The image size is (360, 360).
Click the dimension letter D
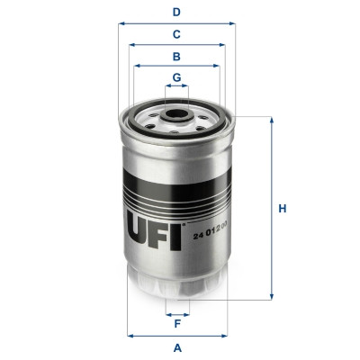pyautogui.click(x=177, y=13)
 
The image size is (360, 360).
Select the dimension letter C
pyautogui.click(x=177, y=34)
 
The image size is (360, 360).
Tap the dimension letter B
pyautogui.click(x=177, y=56)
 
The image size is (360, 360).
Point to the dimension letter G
pyautogui.click(x=177, y=77)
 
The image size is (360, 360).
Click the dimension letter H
pyautogui.click(x=282, y=209)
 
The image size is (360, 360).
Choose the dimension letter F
pyautogui.click(x=177, y=325)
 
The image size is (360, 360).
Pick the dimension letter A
pyautogui.click(x=177, y=347)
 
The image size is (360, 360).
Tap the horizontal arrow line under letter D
pyautogui.click(x=177, y=24)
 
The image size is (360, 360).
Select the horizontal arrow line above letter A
pyautogui.click(x=177, y=336)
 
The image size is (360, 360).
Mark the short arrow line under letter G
pyautogui.click(x=177, y=88)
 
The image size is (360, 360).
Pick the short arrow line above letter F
pyautogui.click(x=177, y=314)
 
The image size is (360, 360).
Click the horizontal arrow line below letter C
pyautogui.click(x=177, y=44)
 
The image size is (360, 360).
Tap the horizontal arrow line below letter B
pyautogui.click(x=177, y=66)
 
